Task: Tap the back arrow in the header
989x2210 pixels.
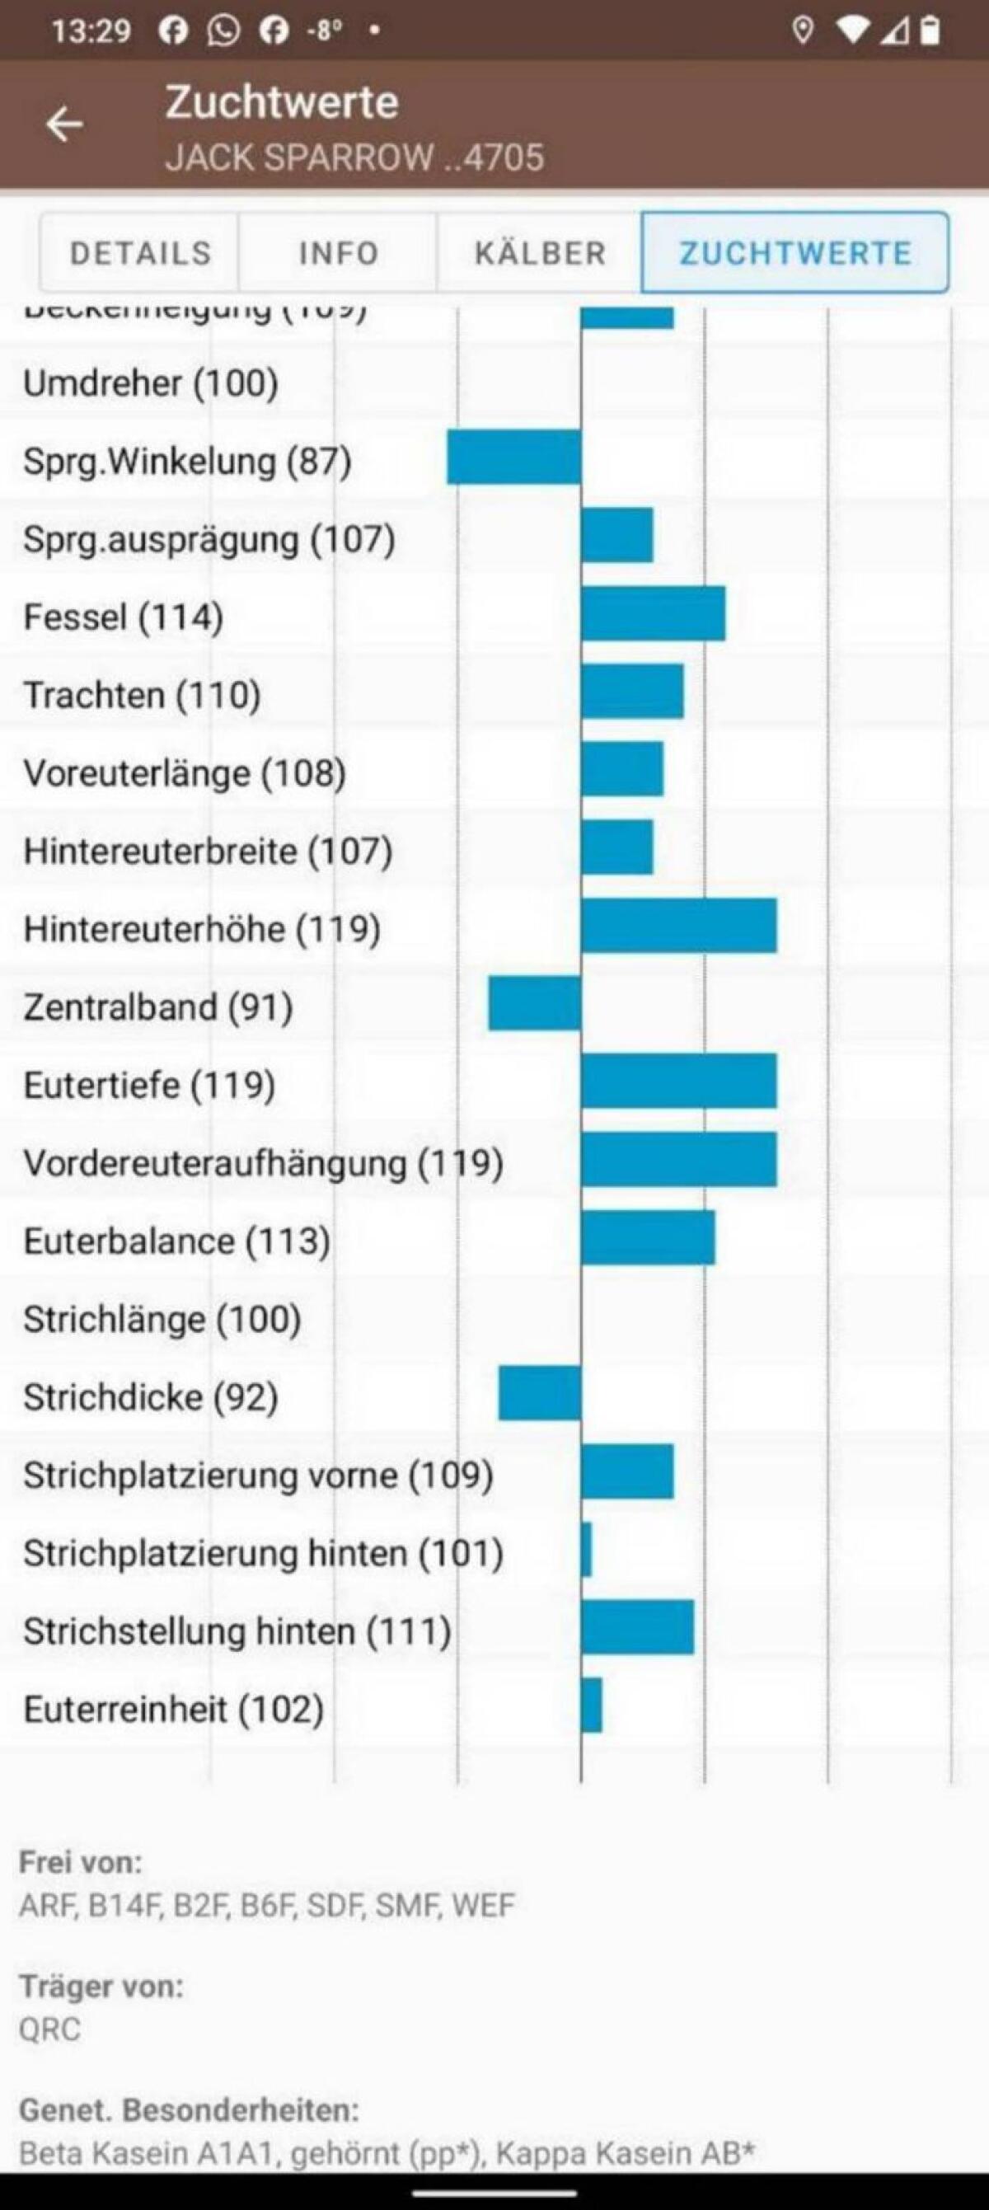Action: pos(64,124)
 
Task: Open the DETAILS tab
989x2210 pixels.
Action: pos(140,253)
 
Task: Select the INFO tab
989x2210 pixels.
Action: pos(338,253)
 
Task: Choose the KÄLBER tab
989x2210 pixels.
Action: pos(540,253)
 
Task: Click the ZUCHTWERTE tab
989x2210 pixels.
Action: pos(795,253)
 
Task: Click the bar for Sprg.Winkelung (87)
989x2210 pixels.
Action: pos(513,457)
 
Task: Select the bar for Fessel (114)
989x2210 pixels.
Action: pos(653,613)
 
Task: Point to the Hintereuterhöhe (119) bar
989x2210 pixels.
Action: pos(678,926)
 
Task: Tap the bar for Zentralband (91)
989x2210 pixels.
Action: pos(534,1003)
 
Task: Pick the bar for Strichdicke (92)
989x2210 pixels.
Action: pos(540,1392)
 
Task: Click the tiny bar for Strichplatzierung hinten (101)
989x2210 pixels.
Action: pos(586,1550)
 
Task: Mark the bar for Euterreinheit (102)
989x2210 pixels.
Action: pos(591,1705)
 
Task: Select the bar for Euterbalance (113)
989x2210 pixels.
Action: pos(648,1237)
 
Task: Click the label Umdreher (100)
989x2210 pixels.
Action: pos(151,382)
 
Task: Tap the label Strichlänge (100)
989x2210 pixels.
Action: pos(162,1319)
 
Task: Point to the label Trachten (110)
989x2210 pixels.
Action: pos(142,695)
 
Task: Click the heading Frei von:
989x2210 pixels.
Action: pos(81,1862)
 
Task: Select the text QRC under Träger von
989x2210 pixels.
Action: pos(49,2029)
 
